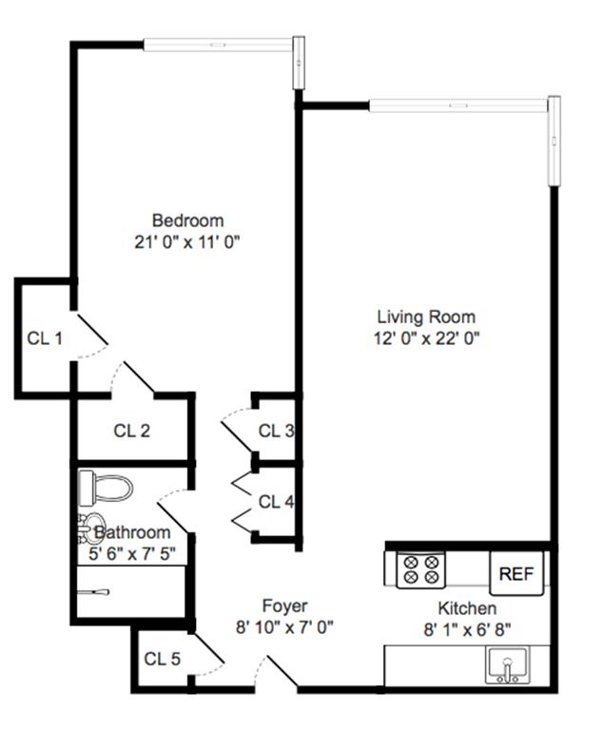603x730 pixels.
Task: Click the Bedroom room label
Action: pos(187,221)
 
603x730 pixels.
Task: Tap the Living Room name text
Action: pos(426,317)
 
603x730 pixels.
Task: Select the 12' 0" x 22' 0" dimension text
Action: pos(426,338)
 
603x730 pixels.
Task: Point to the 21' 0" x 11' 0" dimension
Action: pos(186,242)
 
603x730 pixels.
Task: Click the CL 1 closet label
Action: pos(45,338)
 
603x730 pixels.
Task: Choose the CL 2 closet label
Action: pos(132,431)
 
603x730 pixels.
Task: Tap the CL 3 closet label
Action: pos(277,431)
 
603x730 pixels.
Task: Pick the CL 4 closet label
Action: pos(277,502)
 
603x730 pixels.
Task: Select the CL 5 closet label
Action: pos(162,659)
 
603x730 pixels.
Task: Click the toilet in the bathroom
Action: pos(106,488)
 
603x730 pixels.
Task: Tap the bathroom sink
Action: pos(90,528)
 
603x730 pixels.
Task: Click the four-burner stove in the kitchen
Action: pos(420,570)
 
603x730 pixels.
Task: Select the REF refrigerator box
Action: pos(516,573)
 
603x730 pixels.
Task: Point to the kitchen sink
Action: pos(507,665)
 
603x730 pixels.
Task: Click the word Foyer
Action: pos(284,605)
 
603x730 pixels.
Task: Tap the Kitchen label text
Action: pos(467,608)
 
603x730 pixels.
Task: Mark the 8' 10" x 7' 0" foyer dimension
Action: pos(284,627)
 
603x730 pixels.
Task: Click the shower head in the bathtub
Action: pos(93,592)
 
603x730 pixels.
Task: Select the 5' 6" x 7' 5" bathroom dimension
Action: pos(132,554)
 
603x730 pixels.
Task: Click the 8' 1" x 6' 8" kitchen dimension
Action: pos(467,630)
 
